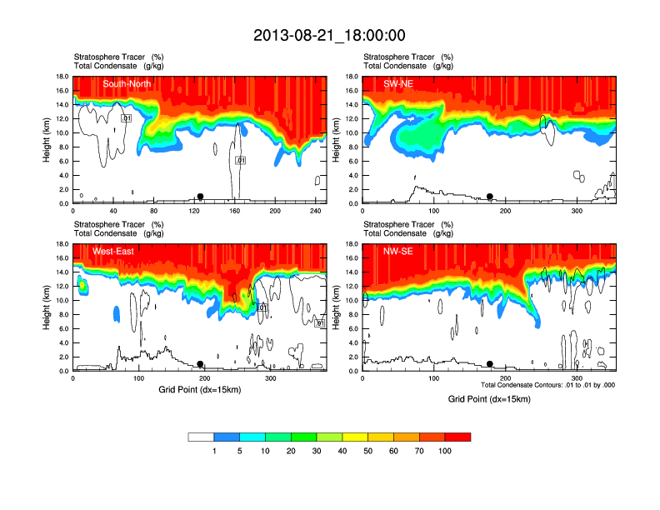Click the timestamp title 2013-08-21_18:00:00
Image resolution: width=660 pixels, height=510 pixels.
[329, 35]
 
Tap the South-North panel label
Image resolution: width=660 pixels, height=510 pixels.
[126, 83]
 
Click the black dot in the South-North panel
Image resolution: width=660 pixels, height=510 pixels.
[200, 197]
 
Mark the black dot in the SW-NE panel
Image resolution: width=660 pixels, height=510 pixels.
[490, 197]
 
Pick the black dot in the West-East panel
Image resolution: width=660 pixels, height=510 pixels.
[200, 364]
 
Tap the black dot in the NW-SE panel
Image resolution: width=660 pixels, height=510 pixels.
[490, 364]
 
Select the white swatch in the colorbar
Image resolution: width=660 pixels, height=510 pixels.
[201, 437]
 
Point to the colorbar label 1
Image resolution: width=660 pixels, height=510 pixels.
[214, 451]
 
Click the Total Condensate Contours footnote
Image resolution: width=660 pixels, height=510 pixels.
[547, 385]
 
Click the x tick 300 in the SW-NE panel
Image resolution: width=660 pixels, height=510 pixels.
[576, 212]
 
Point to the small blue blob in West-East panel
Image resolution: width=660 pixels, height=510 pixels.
[117, 314]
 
